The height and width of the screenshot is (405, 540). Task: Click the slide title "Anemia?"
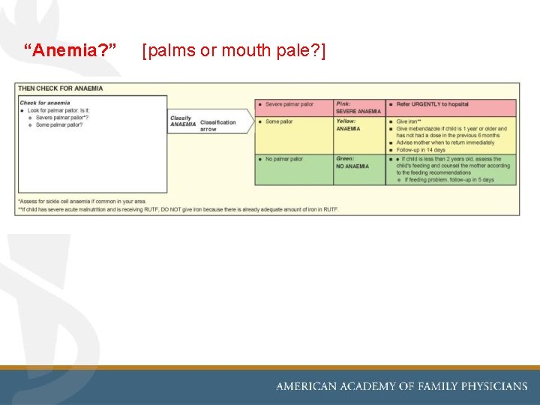[70, 51]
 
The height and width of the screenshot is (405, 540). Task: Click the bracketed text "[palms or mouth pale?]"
[233, 51]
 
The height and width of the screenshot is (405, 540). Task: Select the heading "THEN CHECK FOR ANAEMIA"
[61, 88]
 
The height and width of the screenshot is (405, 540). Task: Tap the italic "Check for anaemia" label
[45, 103]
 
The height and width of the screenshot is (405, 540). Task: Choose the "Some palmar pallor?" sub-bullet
[59, 124]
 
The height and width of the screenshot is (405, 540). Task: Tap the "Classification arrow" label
[217, 125]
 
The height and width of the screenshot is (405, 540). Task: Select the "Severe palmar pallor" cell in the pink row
[289, 104]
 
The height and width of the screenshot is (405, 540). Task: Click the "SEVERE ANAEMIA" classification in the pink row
[358, 111]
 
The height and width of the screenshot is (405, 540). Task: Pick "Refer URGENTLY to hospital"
[433, 104]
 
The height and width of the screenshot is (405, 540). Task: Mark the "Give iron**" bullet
[409, 121]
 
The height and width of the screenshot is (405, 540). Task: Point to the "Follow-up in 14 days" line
[424, 150]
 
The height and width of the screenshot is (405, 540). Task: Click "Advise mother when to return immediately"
[445, 142]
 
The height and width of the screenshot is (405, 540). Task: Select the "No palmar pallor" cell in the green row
[284, 159]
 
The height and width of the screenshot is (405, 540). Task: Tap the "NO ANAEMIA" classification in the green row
[352, 166]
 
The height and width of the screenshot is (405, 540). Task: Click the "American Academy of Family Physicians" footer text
[402, 386]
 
